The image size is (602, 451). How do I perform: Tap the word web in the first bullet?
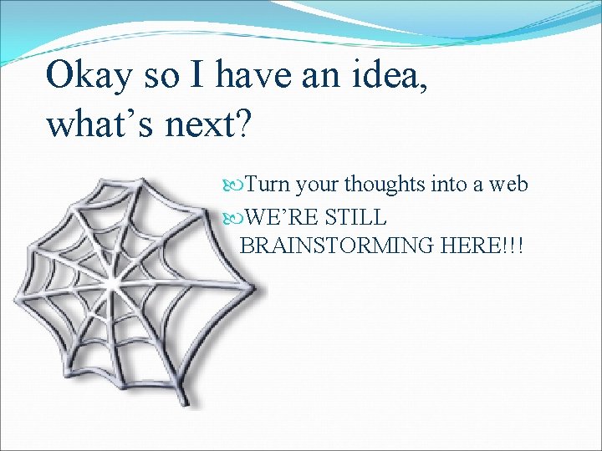(508, 184)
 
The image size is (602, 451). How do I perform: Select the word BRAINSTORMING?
(338, 246)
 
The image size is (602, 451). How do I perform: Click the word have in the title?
(248, 75)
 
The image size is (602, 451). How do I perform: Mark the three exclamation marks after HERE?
(517, 246)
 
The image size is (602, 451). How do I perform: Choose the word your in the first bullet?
(317, 184)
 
